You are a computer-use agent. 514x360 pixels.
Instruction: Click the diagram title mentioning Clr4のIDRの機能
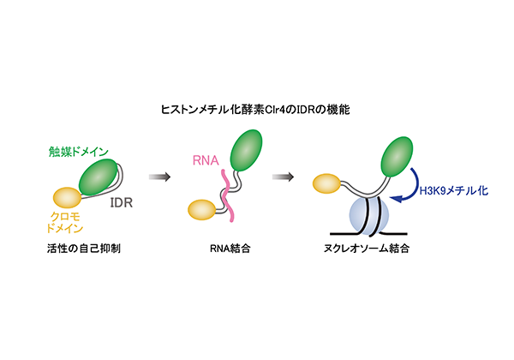pyautogui.click(x=256, y=111)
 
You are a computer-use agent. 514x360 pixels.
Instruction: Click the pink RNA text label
pyautogui.click(x=208, y=159)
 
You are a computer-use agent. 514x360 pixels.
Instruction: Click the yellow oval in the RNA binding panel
pyautogui.click(x=202, y=209)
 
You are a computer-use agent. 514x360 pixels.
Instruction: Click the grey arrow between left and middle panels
pyautogui.click(x=159, y=177)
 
